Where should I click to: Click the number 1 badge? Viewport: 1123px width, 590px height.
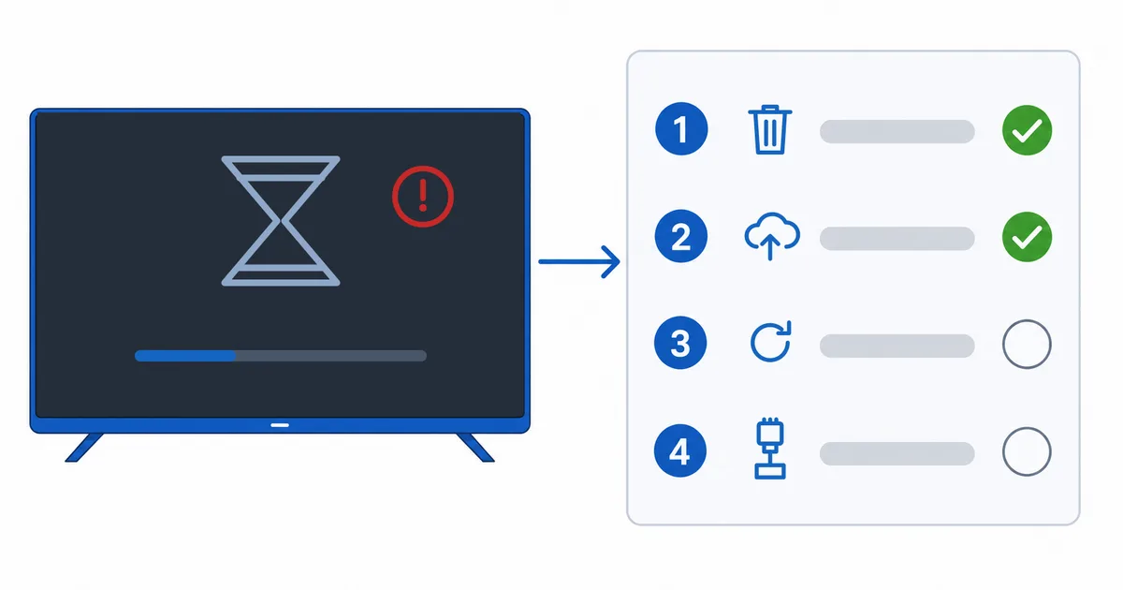pos(681,129)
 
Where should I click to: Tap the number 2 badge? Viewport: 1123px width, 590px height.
pos(681,236)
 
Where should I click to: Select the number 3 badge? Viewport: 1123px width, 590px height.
pos(680,343)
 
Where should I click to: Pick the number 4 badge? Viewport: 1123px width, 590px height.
pos(679,450)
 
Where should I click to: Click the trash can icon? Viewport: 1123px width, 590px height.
pos(770,129)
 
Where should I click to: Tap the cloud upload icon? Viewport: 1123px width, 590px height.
pos(772,236)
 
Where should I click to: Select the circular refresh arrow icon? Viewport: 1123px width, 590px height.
pos(770,342)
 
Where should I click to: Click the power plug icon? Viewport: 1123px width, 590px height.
pos(770,448)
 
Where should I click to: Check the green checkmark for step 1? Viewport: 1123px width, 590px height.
pos(1027,130)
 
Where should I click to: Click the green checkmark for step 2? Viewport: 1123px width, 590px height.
pos(1027,237)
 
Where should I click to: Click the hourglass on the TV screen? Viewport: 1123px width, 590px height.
pos(281,221)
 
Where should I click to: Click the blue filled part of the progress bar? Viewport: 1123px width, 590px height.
pos(185,356)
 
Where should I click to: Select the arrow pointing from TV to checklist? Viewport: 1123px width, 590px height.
pos(579,261)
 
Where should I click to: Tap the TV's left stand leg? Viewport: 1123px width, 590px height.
pos(84,448)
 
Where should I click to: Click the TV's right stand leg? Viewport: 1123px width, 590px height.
pos(475,448)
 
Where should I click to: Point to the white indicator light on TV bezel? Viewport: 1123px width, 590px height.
pos(280,425)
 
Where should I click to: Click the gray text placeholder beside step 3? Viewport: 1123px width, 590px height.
pos(897,346)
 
